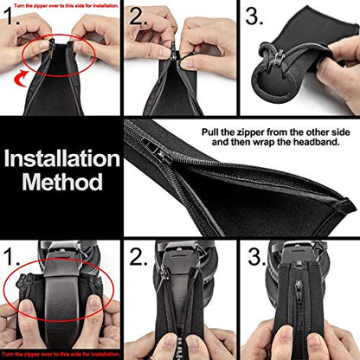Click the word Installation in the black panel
click(x=61, y=158)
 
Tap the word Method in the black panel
click(x=62, y=182)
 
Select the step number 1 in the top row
click(x=11, y=16)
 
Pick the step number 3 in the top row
click(x=254, y=16)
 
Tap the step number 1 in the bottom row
click(x=11, y=256)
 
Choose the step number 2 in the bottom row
click(x=138, y=257)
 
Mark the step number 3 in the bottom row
click(x=257, y=257)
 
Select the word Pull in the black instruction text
click(x=209, y=132)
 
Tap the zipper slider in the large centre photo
click(x=157, y=150)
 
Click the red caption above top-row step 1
click(x=66, y=5)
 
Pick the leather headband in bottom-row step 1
click(x=61, y=294)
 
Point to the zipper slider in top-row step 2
click(x=174, y=49)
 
